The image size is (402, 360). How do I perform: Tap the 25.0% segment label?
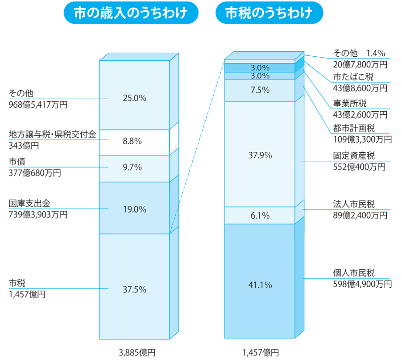coord(134,98)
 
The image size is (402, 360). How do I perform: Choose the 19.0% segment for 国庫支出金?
coord(134,209)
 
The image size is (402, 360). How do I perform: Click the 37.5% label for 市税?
coord(134,289)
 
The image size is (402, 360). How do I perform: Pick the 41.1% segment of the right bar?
coord(260,285)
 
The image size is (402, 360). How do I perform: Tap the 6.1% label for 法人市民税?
coord(260,216)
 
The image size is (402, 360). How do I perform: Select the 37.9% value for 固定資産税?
coord(260,155)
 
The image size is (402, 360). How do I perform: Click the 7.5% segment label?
coord(260,90)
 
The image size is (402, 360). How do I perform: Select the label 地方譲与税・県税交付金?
coord(52,134)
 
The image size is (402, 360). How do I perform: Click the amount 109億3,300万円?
coord(362,139)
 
